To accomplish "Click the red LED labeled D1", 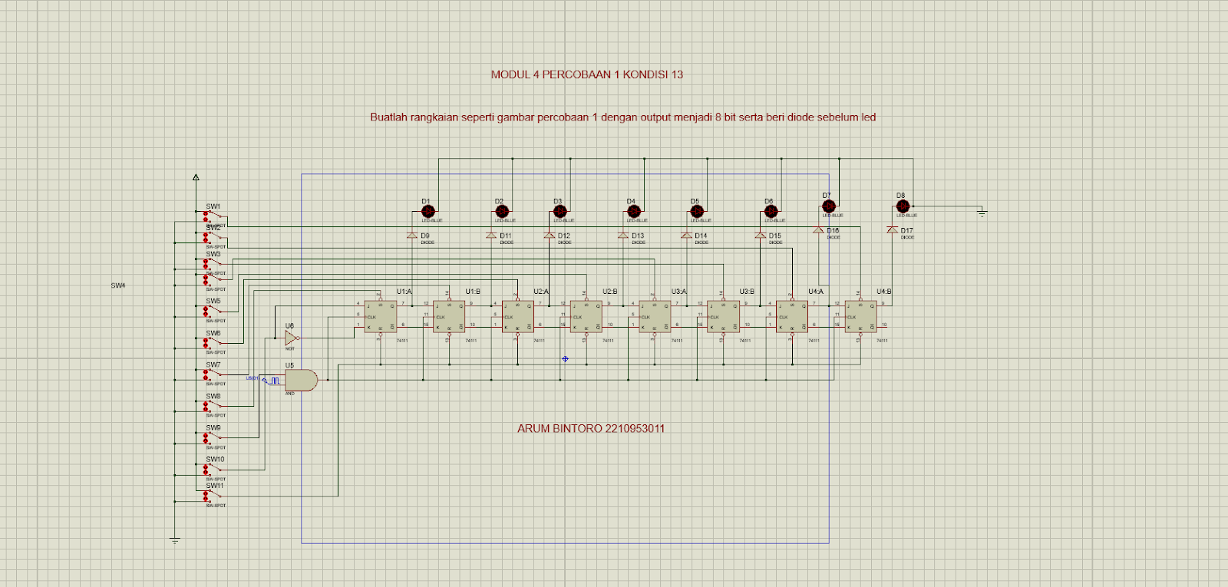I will (428, 211).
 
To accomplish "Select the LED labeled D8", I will (903, 206).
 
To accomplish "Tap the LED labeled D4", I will (634, 211).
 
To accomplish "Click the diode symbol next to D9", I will (412, 236).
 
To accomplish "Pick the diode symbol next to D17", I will (892, 230).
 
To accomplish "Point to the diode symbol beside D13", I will (623, 236).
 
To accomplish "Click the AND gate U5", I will (301, 380).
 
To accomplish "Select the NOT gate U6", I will (291, 338).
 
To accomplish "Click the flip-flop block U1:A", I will (380, 316).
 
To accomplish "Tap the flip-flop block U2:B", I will (586, 316).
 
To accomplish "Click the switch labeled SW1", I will (213, 216).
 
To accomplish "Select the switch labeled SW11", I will (213, 496).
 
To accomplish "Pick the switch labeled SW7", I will (213, 374).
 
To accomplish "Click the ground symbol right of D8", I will (982, 213).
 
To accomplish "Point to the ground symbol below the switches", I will (175, 541).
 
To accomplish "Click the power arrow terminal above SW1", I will (196, 177).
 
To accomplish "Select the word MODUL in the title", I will (510, 74).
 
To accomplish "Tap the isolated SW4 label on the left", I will (117, 285).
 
